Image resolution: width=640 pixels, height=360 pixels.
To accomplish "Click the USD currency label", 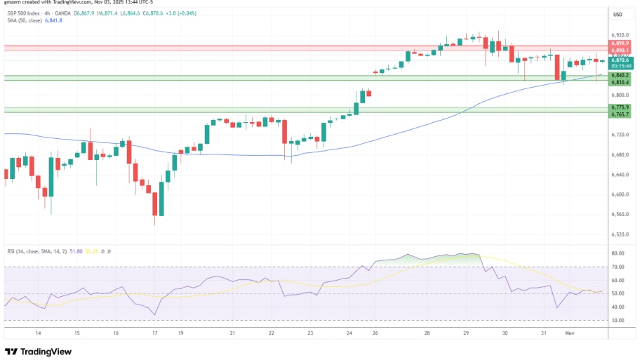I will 618,14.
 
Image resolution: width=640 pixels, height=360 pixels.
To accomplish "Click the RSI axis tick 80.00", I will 618,253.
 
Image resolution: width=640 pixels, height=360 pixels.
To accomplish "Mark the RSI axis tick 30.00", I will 618,320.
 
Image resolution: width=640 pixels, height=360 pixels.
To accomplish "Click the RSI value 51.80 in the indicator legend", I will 74,251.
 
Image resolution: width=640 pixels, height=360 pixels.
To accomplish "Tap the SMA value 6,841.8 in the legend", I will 54,20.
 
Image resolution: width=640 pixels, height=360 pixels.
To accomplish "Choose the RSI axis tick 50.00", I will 618,293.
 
